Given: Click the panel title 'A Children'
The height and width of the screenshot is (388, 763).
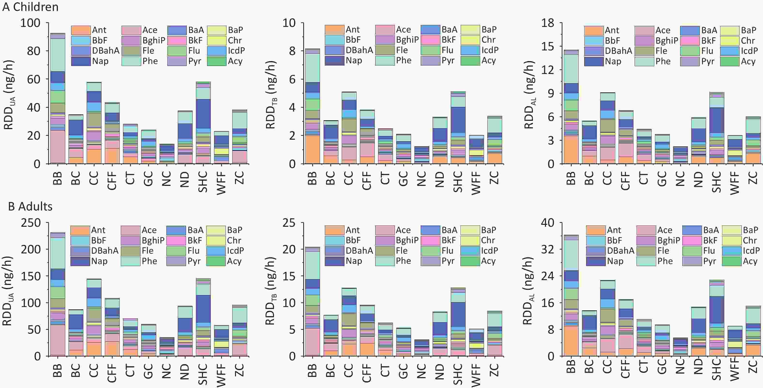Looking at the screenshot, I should (x=30, y=7).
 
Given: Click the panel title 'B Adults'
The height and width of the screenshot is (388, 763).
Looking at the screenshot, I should (x=30, y=206).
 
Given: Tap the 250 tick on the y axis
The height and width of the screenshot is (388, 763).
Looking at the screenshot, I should (x=31, y=223).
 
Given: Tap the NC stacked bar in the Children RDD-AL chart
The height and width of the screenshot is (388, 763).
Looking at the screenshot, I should (x=680, y=155).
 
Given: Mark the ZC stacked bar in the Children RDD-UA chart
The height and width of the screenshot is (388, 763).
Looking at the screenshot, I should (x=239, y=137).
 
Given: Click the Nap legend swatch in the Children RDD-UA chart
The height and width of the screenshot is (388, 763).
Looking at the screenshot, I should (x=81, y=61).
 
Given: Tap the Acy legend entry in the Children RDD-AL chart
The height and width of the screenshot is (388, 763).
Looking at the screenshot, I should (x=739, y=61).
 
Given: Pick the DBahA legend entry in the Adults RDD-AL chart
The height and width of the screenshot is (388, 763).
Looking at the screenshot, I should (x=610, y=251).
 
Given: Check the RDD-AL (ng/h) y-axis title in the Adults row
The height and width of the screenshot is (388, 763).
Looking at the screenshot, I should (x=529, y=291).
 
